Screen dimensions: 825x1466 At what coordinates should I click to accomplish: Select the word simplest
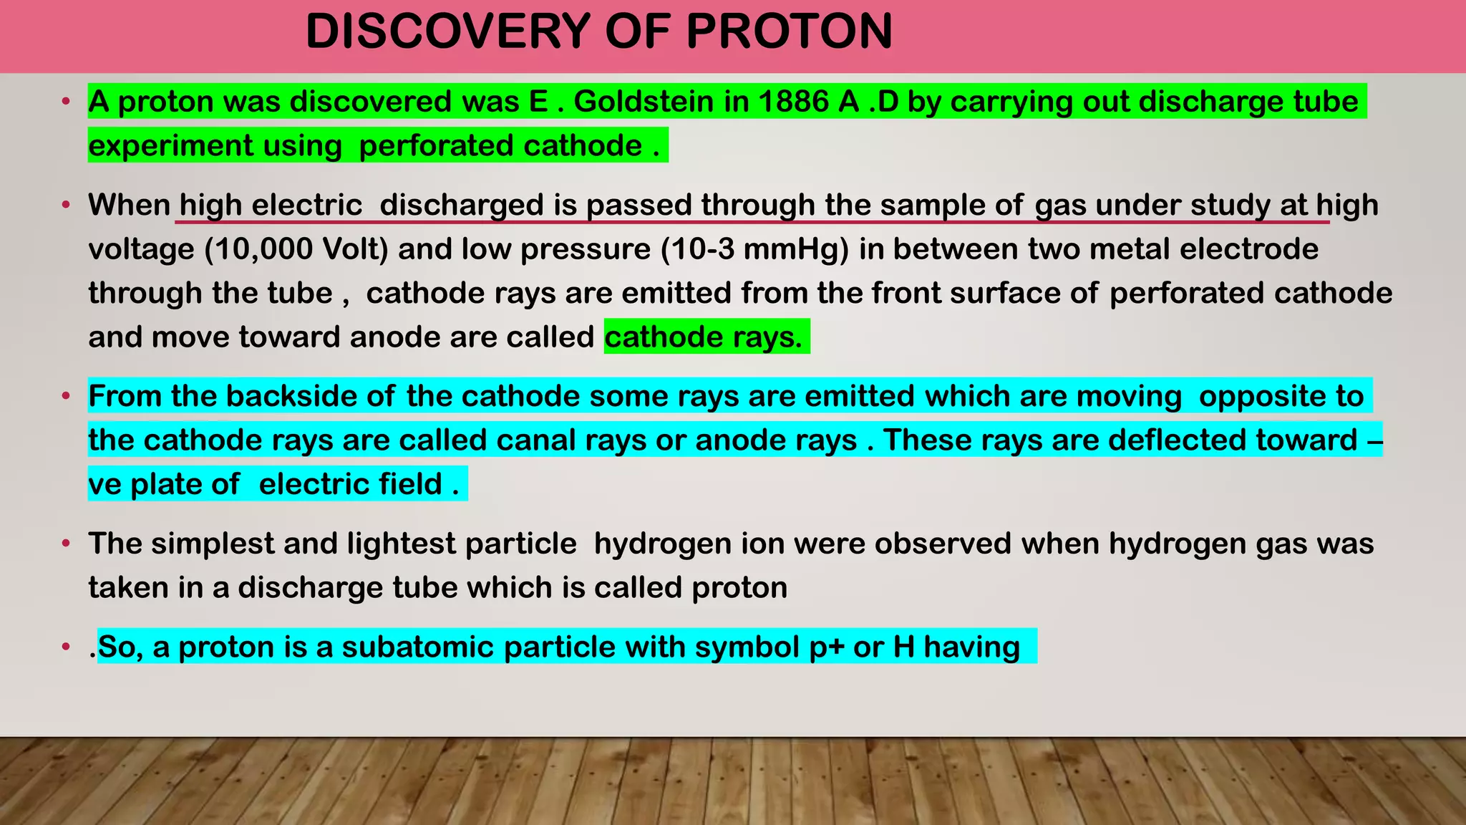213,544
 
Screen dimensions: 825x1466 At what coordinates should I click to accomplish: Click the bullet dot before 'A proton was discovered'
66,102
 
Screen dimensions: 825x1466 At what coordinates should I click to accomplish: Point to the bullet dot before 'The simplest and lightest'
66,544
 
